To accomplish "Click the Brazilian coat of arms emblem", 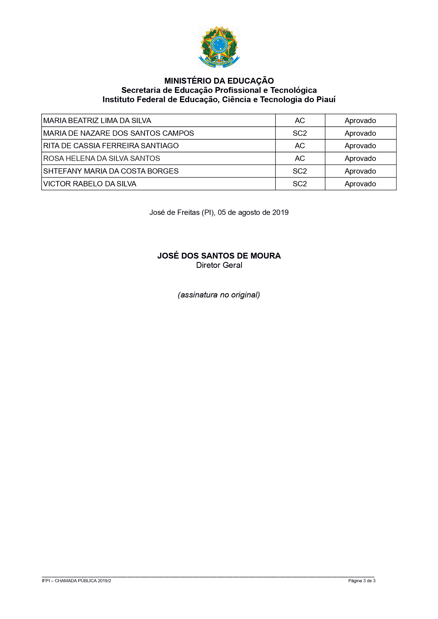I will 219,47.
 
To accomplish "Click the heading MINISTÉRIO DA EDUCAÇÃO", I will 219,81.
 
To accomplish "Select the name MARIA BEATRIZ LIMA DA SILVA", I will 97,120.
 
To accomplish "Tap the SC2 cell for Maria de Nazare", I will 300,133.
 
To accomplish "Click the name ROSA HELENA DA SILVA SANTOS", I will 101,159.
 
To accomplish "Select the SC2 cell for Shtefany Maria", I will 300,171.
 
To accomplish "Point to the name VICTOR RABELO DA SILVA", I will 90,184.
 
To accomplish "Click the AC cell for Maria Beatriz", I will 300,120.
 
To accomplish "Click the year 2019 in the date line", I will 280,213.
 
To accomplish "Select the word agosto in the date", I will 248,213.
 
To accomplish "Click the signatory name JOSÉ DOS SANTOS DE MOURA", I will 219,256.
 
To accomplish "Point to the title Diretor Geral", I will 219,265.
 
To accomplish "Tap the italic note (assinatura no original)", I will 219,295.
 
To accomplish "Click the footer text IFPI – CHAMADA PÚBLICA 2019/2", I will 76,581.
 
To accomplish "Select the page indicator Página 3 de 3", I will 362,581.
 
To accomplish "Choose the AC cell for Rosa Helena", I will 300,159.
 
